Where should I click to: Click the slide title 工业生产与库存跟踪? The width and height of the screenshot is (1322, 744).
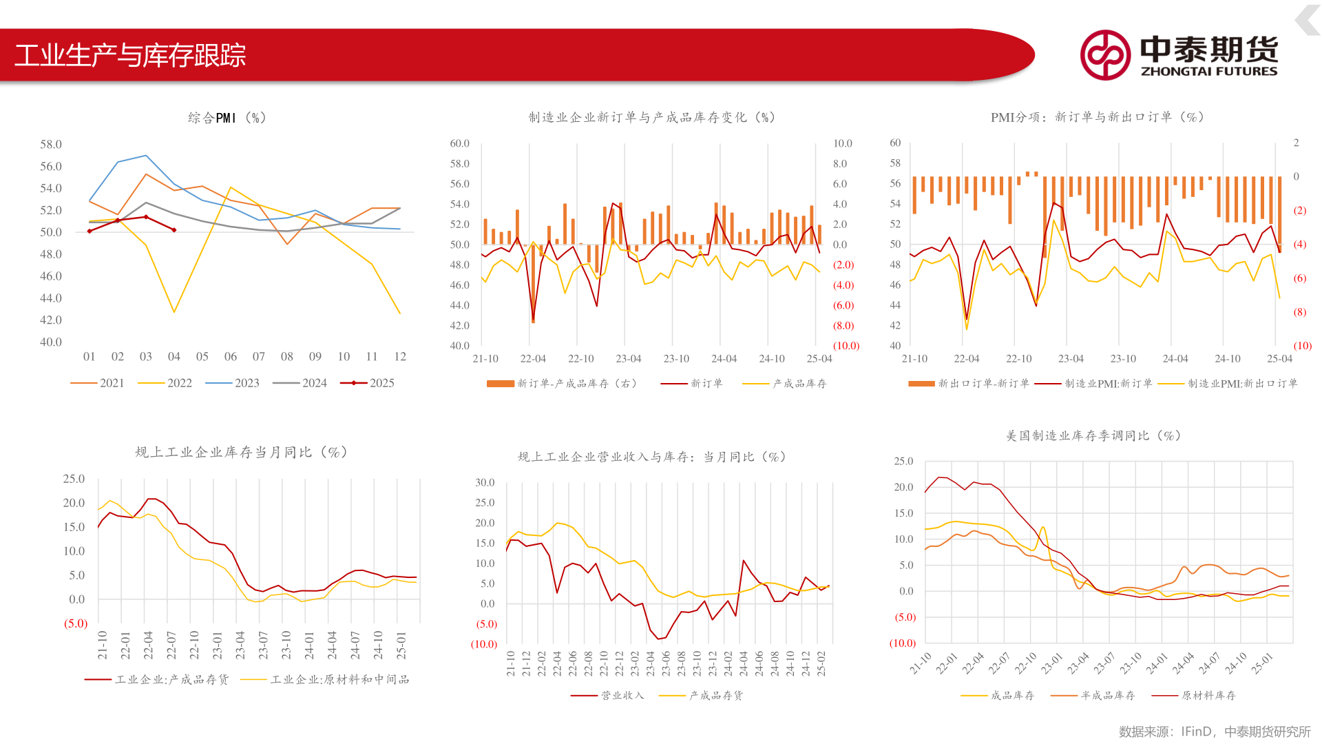(x=130, y=55)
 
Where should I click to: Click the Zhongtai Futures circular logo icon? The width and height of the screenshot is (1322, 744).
(x=1105, y=55)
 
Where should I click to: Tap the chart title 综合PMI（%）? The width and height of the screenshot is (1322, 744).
(x=227, y=118)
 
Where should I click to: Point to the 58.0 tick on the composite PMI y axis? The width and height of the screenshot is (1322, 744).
(x=51, y=144)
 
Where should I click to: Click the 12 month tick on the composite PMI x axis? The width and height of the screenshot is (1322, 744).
(x=400, y=356)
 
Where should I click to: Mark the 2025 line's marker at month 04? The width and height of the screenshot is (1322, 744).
(x=174, y=230)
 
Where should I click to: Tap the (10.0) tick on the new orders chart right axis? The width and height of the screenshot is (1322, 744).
(x=846, y=346)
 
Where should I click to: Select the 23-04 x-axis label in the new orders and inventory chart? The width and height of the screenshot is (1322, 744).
(x=628, y=358)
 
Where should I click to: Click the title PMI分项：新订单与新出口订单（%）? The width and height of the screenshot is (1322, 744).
(x=1098, y=117)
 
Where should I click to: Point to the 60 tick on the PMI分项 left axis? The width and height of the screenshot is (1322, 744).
(x=895, y=143)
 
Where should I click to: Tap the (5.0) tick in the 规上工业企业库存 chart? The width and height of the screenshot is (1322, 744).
(x=76, y=623)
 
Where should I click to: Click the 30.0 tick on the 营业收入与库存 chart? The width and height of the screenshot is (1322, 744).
(x=485, y=482)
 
